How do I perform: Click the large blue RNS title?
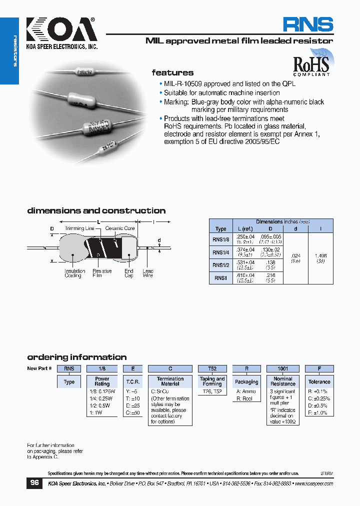coord(307,25)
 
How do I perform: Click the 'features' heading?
coord(172,73)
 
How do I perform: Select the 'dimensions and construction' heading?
coord(96,211)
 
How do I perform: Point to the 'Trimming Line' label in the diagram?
coord(79,228)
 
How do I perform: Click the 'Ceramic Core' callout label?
coord(120,228)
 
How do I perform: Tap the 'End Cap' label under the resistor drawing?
coord(129,273)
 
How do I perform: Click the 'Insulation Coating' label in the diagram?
coord(73,273)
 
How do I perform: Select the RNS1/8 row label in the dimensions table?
coord(220,239)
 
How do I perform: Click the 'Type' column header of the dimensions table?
coord(220,229)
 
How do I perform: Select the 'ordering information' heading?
coord(76,357)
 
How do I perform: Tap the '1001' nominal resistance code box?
coord(283,368)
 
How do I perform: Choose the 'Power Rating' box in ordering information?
coord(102,381)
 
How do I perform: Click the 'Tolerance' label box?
coord(319,381)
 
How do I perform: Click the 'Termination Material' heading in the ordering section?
coord(170,381)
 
